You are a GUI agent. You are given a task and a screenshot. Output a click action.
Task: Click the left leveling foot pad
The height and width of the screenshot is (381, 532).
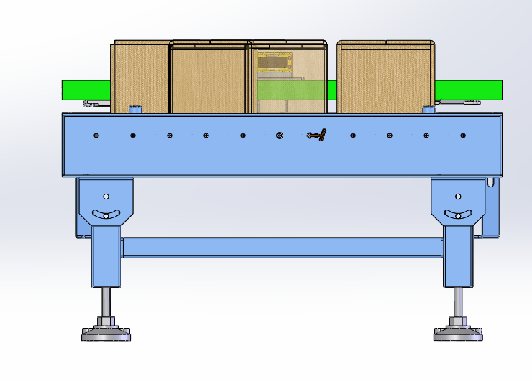click(106, 333)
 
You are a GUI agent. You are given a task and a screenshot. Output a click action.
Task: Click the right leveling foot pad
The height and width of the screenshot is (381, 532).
click(459, 333)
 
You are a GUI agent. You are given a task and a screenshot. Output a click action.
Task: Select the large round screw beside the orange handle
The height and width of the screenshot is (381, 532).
click(280, 136)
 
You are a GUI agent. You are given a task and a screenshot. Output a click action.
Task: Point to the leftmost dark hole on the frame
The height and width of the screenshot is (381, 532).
click(96, 136)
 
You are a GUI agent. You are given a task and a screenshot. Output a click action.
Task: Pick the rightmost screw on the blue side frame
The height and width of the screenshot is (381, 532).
click(463, 136)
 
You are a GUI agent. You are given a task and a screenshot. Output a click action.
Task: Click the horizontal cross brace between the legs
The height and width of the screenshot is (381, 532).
click(281, 248)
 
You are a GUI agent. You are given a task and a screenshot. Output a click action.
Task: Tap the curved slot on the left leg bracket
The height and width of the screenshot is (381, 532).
click(106, 215)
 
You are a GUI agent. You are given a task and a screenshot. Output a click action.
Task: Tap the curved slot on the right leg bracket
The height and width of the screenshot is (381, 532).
click(458, 215)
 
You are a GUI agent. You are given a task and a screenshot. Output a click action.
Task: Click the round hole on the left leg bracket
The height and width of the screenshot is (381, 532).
click(106, 197)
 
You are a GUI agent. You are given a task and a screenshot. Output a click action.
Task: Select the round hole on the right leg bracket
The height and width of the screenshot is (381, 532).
click(458, 197)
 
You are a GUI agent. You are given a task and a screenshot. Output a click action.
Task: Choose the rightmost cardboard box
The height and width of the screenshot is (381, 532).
click(386, 77)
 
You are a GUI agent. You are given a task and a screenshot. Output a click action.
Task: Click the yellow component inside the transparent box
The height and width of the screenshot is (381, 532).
click(276, 62)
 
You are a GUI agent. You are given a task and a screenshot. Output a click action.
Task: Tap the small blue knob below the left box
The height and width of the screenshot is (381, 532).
click(135, 110)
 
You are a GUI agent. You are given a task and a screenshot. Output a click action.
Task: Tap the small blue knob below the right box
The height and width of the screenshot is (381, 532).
click(428, 110)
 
